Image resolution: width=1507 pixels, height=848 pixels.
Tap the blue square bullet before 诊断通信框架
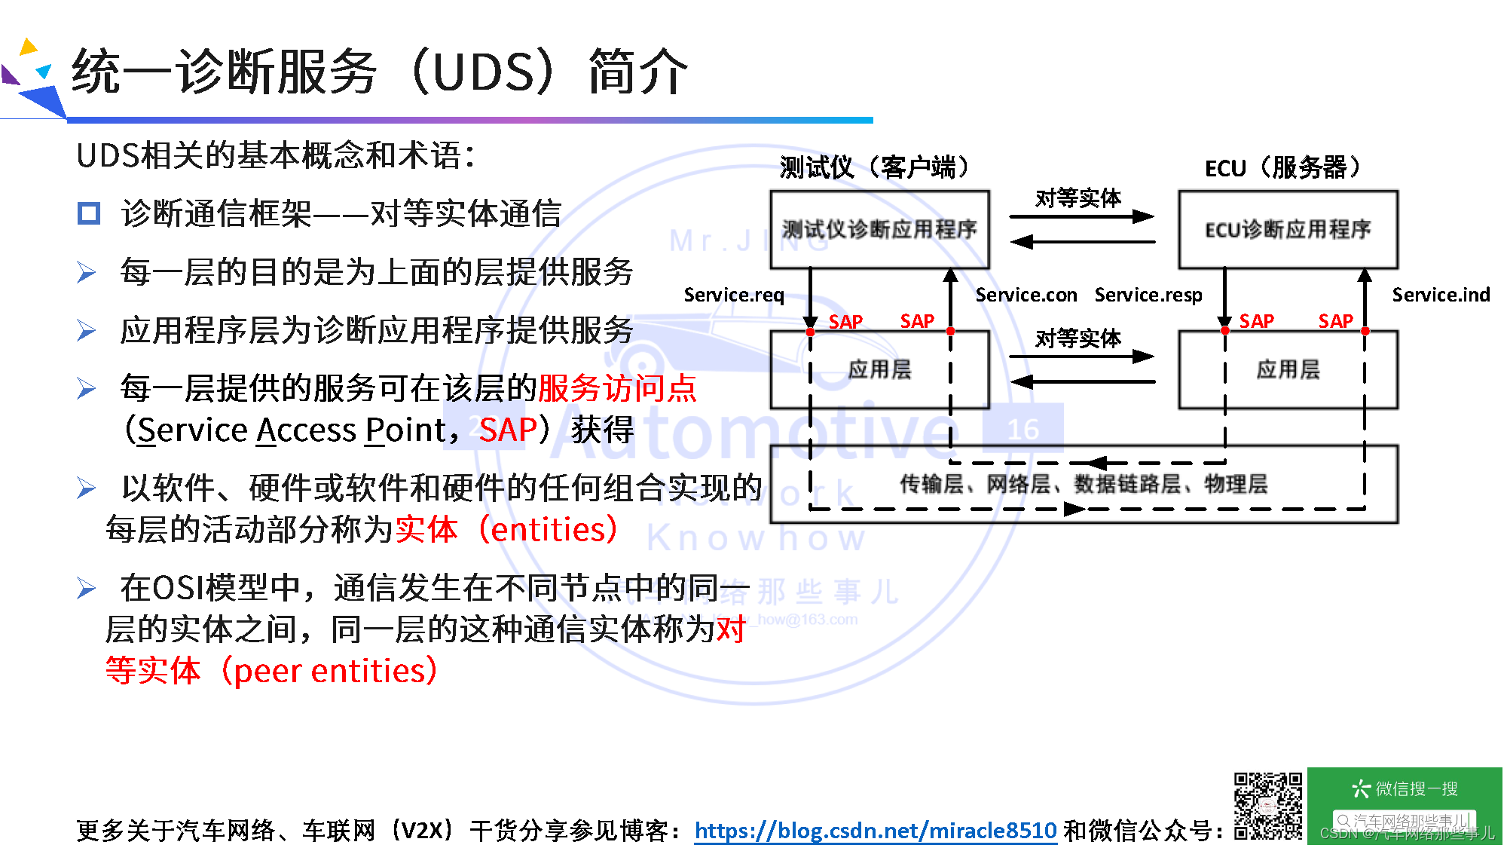click(x=89, y=213)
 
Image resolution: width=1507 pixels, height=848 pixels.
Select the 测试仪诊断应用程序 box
click(x=879, y=229)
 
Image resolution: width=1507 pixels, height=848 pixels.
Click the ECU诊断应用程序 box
click(x=1287, y=229)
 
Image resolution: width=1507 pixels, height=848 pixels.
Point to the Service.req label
click(x=733, y=295)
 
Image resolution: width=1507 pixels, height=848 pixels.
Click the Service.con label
click(x=1026, y=295)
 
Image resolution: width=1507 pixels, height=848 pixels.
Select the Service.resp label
click(x=1148, y=295)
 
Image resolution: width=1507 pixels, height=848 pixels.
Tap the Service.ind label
click(x=1440, y=295)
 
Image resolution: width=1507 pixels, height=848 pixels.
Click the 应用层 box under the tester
click(x=879, y=369)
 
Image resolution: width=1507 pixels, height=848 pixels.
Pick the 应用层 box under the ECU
click(x=1287, y=369)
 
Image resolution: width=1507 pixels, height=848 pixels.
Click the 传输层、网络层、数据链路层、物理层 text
click(x=1084, y=483)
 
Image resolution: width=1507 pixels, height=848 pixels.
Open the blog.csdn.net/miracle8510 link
click(x=875, y=830)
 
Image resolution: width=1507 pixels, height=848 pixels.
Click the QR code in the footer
click(x=1267, y=805)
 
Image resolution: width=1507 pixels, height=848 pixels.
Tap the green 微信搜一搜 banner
click(x=1405, y=789)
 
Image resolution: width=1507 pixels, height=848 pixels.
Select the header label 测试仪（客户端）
click(x=874, y=167)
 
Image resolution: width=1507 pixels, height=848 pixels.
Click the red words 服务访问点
click(x=617, y=388)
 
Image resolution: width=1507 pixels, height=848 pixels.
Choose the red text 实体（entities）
click(x=506, y=529)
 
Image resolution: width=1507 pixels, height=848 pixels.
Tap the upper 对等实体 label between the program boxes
click(x=1078, y=198)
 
